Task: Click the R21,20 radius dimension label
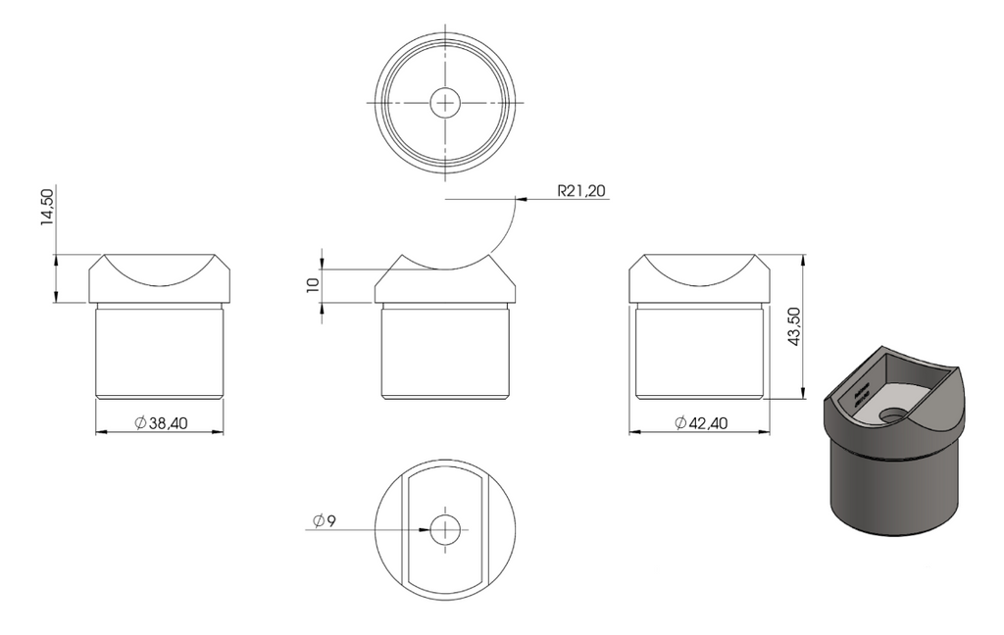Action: pyautogui.click(x=581, y=191)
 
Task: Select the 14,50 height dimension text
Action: pyautogui.click(x=47, y=207)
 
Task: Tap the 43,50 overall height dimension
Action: pyautogui.click(x=794, y=326)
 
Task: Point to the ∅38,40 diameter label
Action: pyautogui.click(x=161, y=422)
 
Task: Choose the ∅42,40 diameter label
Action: pyautogui.click(x=701, y=422)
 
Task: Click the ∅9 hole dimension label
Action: pyautogui.click(x=324, y=521)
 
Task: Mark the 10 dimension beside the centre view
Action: pyautogui.click(x=313, y=285)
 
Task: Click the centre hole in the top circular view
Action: pyautogui.click(x=445, y=103)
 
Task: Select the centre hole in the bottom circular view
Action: pyautogui.click(x=445, y=530)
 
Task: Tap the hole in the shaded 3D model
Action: pyautogui.click(x=895, y=415)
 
